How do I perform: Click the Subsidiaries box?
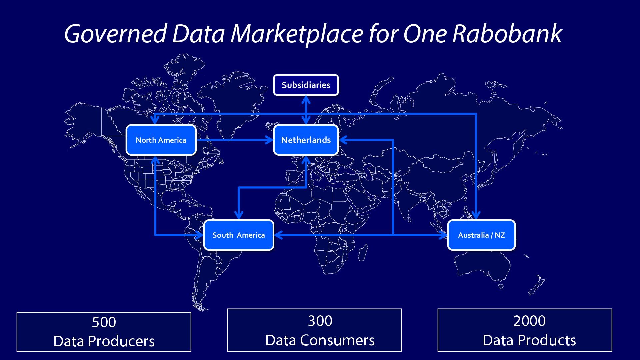coord(306,85)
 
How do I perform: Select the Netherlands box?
coord(306,140)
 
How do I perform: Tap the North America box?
coord(161,140)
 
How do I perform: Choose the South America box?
coord(238,235)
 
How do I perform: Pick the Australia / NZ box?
coord(481,235)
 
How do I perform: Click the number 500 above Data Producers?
coord(104,322)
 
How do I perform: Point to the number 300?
coord(320,321)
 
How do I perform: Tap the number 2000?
coord(529,321)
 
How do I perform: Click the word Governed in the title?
coord(115,34)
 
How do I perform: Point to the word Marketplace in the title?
coord(296,34)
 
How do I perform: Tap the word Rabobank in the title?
coord(507,34)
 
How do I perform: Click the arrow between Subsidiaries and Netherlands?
coord(306,110)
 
